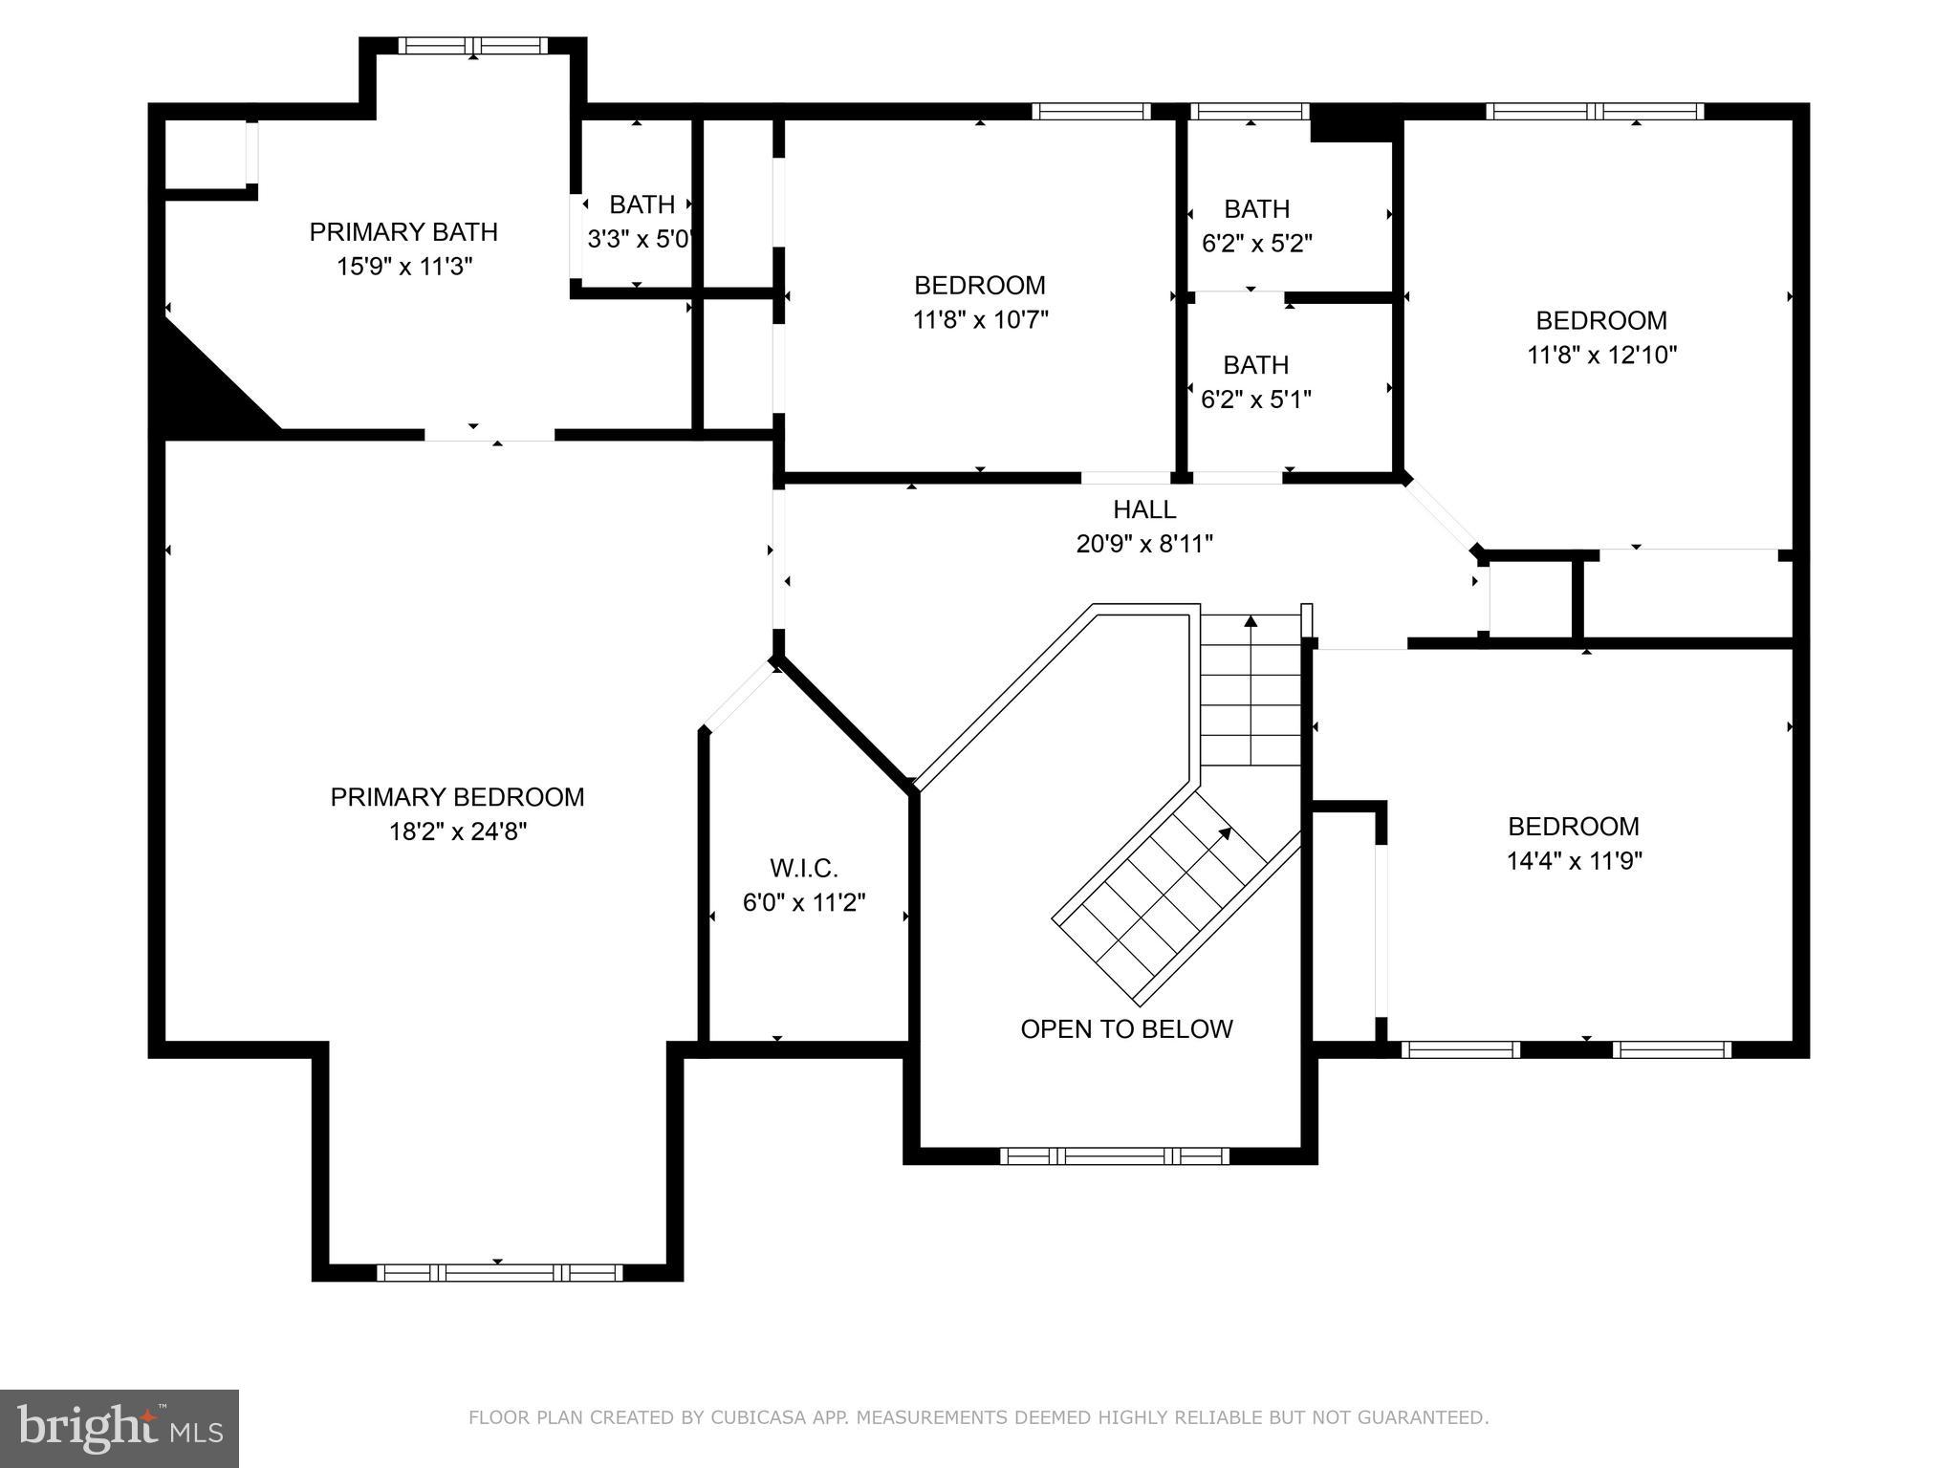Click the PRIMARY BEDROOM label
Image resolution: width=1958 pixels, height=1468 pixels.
[x=457, y=797]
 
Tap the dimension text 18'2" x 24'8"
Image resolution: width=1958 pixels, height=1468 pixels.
[x=457, y=831]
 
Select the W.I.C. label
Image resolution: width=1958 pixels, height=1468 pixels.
[x=804, y=869]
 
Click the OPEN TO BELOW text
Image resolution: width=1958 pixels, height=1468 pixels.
[x=1126, y=1029]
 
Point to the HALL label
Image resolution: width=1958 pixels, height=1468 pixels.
[x=1143, y=509]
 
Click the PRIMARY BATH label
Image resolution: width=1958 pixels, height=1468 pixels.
[x=403, y=232]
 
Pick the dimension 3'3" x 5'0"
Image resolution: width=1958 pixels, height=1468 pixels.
[x=639, y=239]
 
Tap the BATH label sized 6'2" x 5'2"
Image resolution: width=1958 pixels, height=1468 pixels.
[x=1256, y=208]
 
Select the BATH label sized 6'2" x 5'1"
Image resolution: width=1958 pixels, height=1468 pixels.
[x=1255, y=365]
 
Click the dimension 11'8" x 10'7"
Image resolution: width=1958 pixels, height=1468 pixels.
[x=980, y=319]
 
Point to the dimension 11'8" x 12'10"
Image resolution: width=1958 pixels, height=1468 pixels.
[x=1601, y=355]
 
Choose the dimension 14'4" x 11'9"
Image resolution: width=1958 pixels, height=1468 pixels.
[x=1574, y=861]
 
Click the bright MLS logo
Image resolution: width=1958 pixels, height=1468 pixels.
[x=120, y=1428]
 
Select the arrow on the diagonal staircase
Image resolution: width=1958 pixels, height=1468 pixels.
[x=1223, y=833]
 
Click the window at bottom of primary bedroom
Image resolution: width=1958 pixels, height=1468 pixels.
[x=499, y=1272]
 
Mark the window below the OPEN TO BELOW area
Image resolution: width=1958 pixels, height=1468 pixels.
[x=1114, y=1155]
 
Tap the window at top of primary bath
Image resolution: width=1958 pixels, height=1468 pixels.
[x=473, y=45]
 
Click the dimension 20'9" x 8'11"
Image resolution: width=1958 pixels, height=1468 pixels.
[x=1143, y=544]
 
